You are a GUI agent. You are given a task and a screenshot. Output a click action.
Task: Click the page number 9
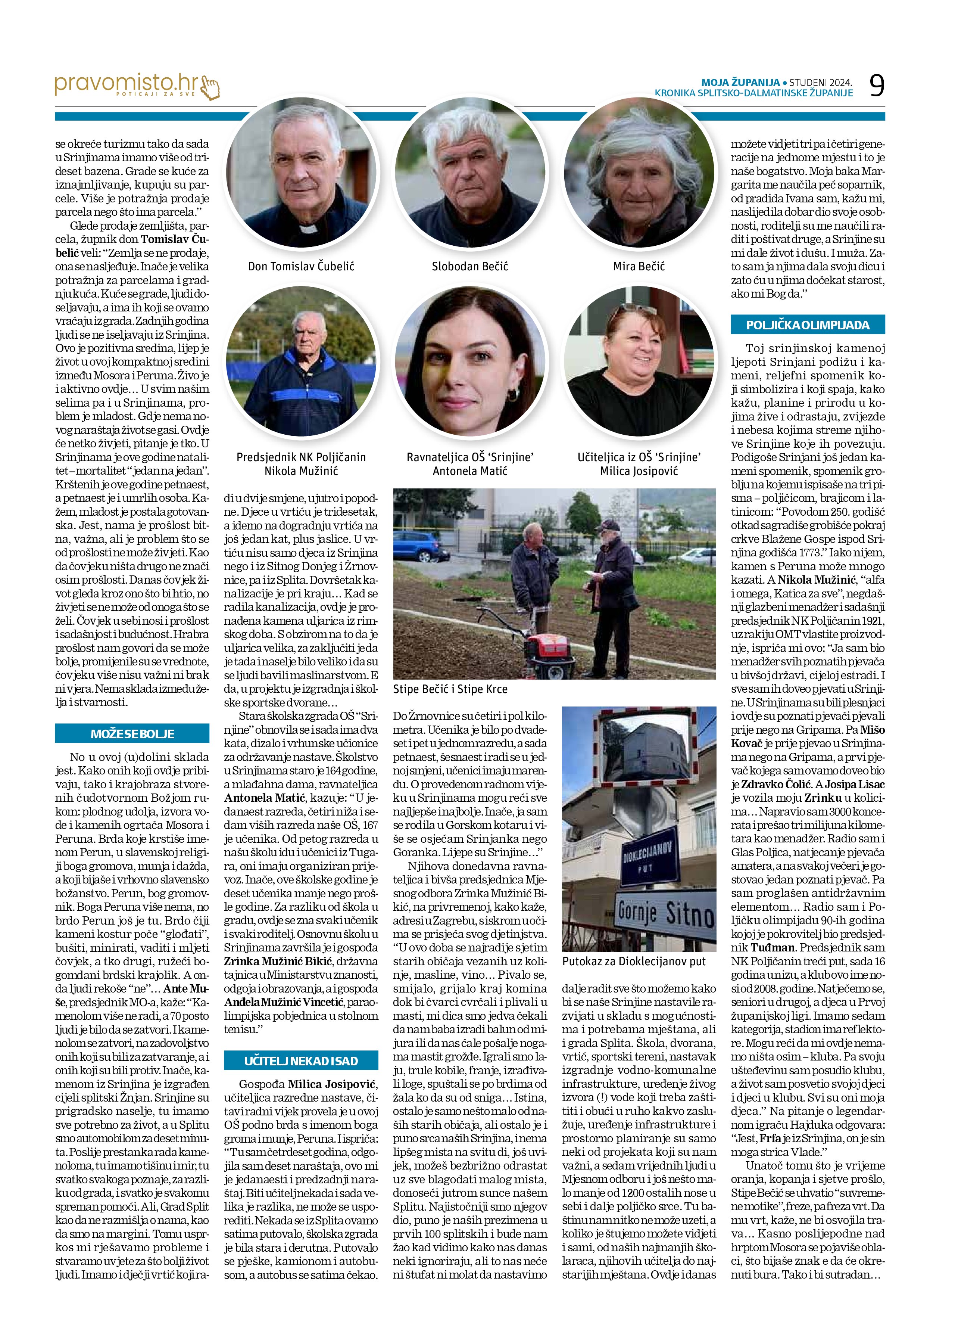pyautogui.click(x=876, y=86)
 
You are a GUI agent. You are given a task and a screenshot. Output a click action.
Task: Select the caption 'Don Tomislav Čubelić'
pyautogui.click(x=301, y=267)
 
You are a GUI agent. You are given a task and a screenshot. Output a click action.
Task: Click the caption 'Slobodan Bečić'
pyautogui.click(x=470, y=267)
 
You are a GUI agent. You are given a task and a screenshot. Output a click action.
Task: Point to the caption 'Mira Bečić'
pyautogui.click(x=639, y=267)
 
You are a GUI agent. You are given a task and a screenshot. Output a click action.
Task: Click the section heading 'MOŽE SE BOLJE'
pyautogui.click(x=132, y=734)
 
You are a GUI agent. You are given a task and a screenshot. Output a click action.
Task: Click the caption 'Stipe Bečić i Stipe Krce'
pyautogui.click(x=450, y=689)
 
